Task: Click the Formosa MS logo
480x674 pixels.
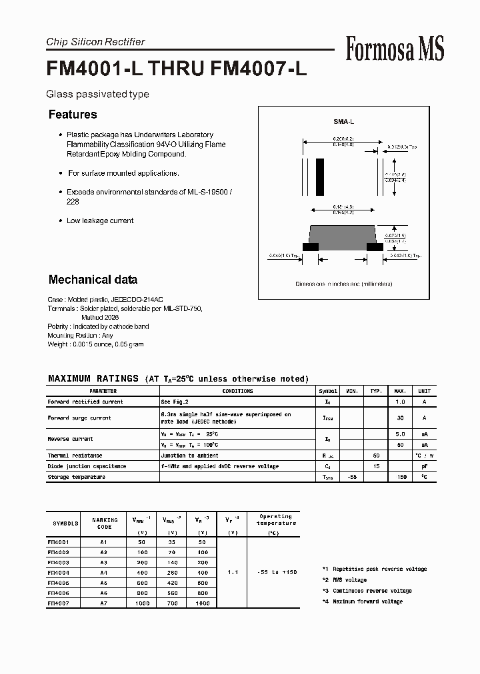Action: click(395, 49)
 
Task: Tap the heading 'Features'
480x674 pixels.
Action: click(73, 115)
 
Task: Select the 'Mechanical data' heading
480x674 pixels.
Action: click(93, 280)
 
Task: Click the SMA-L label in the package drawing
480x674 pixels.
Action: click(343, 123)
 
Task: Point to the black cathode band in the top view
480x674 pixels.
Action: click(319, 176)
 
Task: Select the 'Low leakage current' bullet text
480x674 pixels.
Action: click(100, 220)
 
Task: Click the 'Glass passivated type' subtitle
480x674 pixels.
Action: click(97, 95)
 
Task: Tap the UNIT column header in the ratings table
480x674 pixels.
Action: click(424, 392)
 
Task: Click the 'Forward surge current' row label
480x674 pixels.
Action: click(79, 418)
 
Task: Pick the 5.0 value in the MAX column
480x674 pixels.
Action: click(401, 434)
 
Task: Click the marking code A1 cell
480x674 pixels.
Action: click(103, 542)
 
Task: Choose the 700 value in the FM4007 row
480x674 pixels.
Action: click(173, 603)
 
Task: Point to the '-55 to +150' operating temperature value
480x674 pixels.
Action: click(275, 572)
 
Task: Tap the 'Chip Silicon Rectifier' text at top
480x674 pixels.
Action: click(95, 42)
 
